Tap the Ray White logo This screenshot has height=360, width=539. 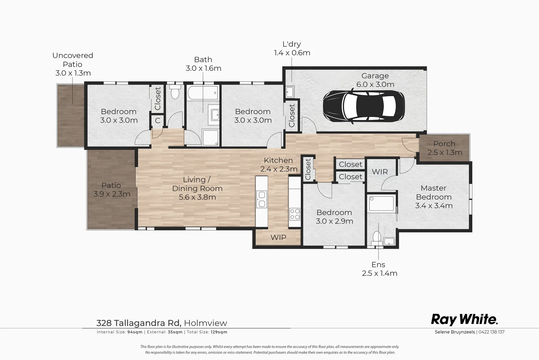464,319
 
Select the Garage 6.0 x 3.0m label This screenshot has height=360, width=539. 375,80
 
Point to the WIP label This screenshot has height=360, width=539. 278,237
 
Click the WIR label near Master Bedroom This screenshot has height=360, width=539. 380,172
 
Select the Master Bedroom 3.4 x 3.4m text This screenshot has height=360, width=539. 433,197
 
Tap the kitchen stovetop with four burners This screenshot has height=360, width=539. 294,214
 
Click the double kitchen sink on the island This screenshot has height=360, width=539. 262,199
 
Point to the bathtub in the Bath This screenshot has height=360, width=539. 203,93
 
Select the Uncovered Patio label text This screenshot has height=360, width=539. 73,64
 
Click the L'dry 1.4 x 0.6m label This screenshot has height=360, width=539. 292,48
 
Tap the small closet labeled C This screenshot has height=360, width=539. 158,121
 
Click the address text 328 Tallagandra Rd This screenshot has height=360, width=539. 139,323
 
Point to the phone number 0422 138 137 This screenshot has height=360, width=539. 492,332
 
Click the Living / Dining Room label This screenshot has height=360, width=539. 197,188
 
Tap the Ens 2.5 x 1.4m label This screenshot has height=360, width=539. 379,269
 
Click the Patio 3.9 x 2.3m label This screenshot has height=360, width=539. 111,190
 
